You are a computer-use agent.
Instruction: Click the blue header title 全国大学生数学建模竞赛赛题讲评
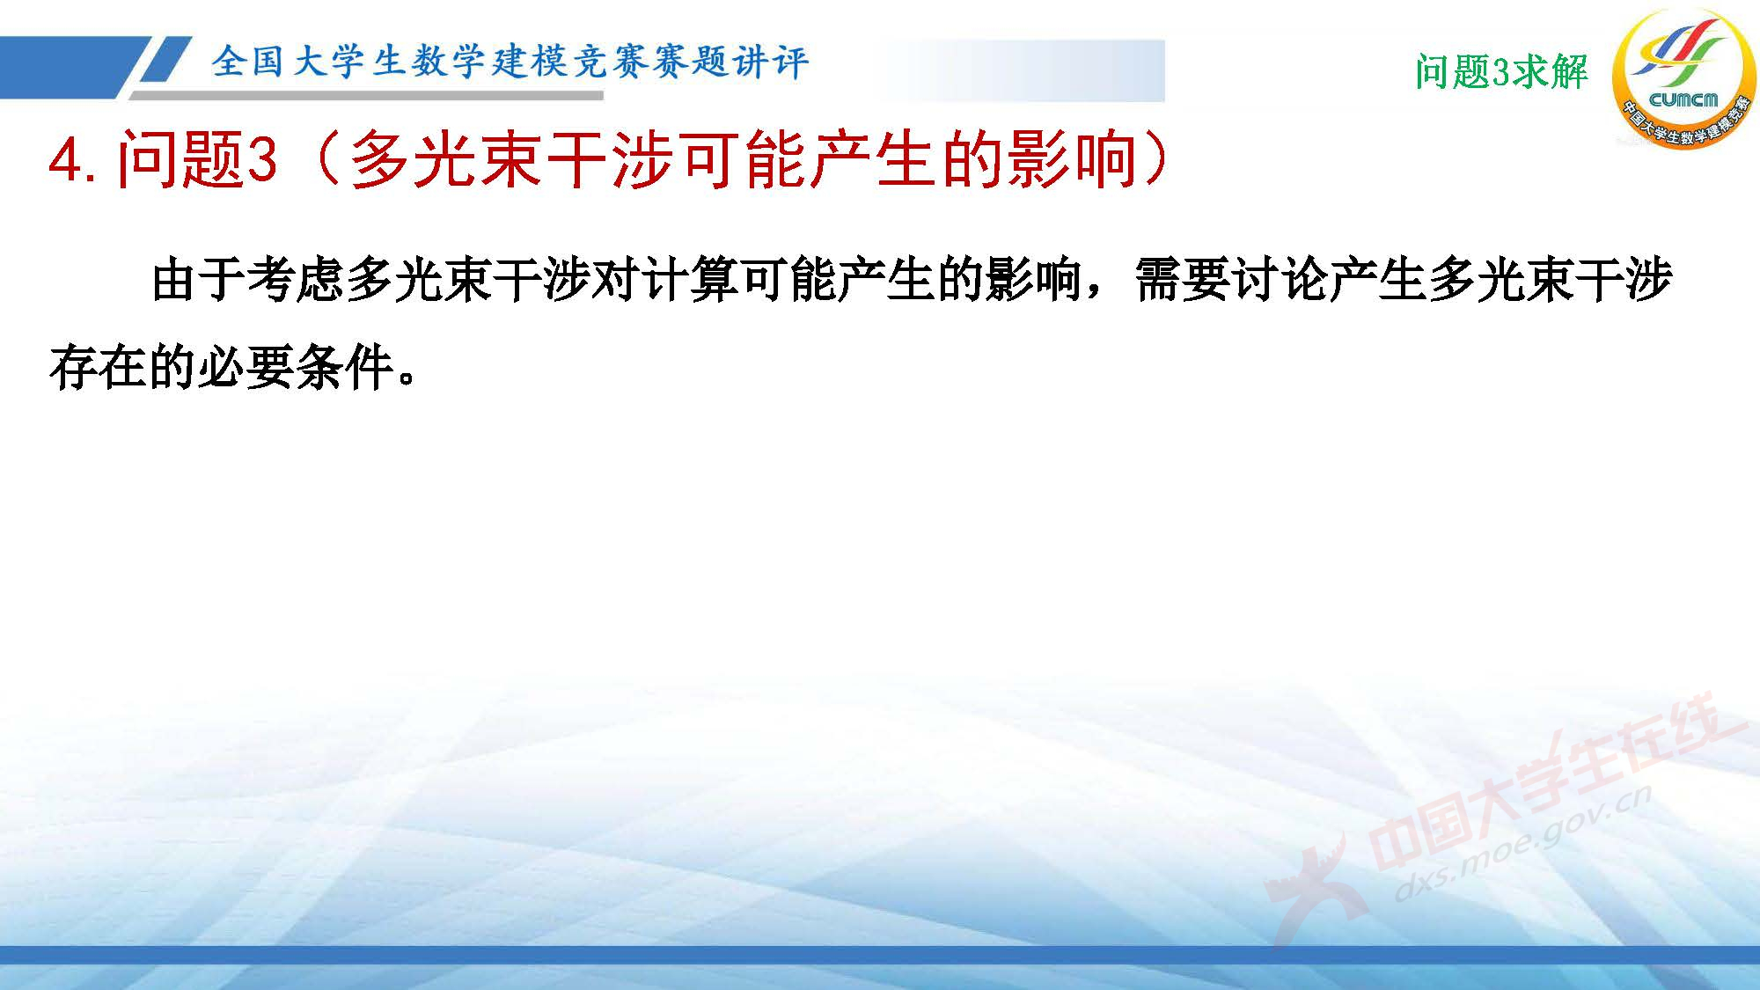tap(510, 62)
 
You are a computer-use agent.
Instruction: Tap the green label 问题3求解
tap(1501, 71)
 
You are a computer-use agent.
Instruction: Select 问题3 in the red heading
tap(197, 160)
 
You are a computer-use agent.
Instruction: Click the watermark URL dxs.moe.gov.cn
tap(1523, 845)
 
